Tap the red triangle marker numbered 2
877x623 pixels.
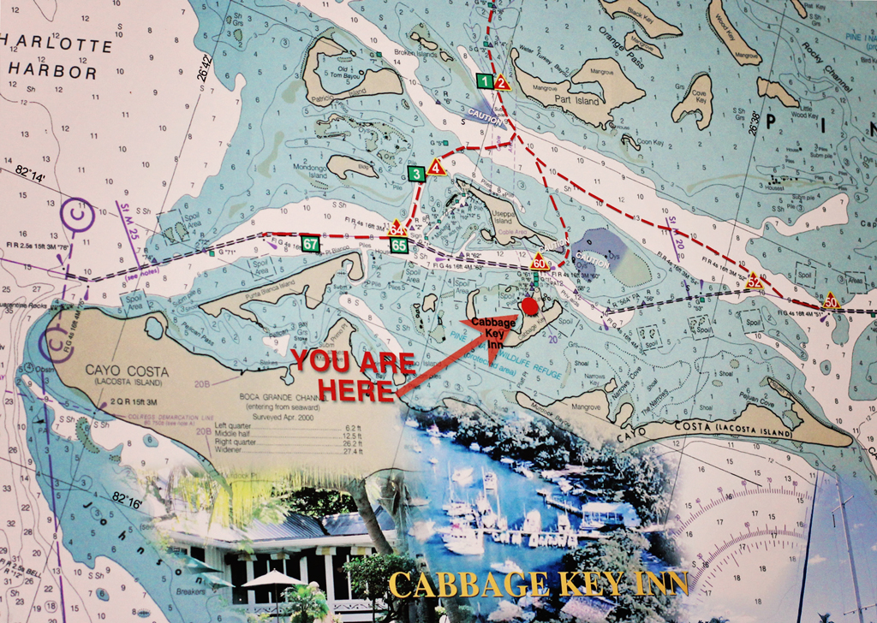click(502, 83)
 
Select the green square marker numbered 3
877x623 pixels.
click(416, 175)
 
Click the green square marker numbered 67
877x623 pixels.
click(311, 245)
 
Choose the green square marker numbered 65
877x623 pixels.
click(398, 246)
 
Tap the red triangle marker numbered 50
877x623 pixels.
click(830, 300)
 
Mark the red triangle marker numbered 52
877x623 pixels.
click(754, 280)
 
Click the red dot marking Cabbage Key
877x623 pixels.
click(530, 306)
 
